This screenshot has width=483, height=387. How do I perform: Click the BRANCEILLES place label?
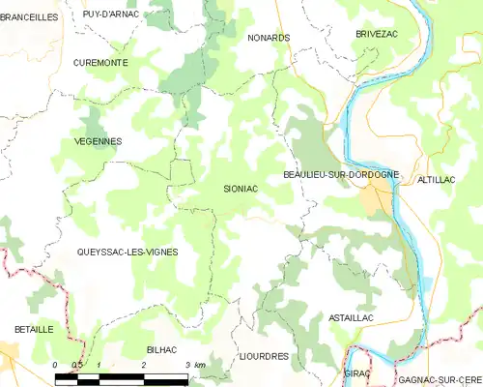pyautogui.click(x=30, y=16)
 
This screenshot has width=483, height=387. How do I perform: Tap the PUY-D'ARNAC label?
pyautogui.click(x=111, y=14)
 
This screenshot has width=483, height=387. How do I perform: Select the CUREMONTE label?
pyautogui.click(x=100, y=62)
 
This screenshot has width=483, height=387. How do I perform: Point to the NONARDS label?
pyautogui.click(x=269, y=38)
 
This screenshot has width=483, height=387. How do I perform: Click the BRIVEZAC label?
pyautogui.click(x=377, y=33)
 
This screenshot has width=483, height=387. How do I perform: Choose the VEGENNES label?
pyautogui.click(x=98, y=141)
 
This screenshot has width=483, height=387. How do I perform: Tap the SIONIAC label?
pyautogui.click(x=241, y=190)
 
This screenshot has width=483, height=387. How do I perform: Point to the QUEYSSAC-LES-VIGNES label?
pyautogui.click(x=128, y=252)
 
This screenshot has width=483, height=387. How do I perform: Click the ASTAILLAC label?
pyautogui.click(x=351, y=318)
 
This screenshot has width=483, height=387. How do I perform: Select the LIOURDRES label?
pyautogui.click(x=264, y=356)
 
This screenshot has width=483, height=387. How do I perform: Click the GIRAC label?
pyautogui.click(x=357, y=372)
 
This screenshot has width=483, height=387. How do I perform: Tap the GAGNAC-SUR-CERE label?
pyautogui.click(x=440, y=380)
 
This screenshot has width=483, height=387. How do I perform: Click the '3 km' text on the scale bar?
pyautogui.click(x=193, y=364)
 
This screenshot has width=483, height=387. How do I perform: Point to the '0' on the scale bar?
pyautogui.click(x=56, y=364)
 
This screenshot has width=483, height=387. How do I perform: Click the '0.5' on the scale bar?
pyautogui.click(x=77, y=364)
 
